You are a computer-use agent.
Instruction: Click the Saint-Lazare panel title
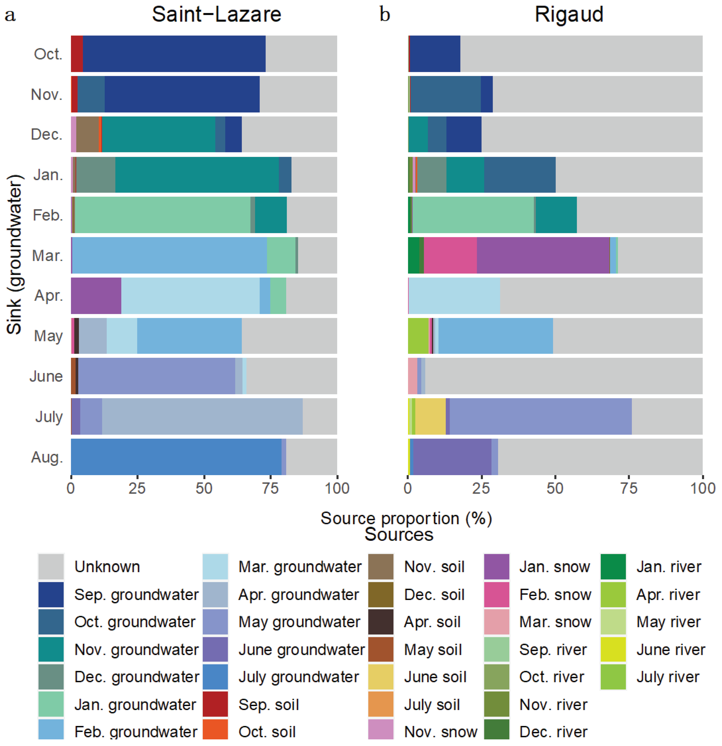(216, 15)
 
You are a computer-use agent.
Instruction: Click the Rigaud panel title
(569, 15)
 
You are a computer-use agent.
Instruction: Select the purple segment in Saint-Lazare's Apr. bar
(96, 296)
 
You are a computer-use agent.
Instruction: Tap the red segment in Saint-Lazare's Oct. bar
(77, 54)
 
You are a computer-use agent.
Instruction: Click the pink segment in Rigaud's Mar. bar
(450, 255)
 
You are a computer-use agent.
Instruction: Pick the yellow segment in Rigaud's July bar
(430, 416)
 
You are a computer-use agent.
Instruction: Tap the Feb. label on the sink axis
(48, 216)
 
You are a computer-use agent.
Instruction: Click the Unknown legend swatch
(51, 567)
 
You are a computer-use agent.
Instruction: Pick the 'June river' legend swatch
(613, 650)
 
